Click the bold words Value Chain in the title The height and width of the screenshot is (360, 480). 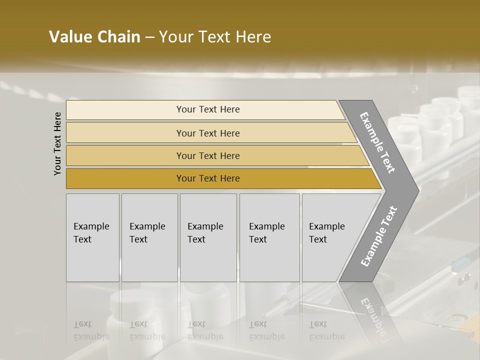click(94, 37)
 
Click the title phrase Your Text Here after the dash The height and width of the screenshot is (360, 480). click(215, 37)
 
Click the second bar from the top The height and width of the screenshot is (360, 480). click(208, 133)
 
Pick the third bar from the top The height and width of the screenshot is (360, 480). click(208, 155)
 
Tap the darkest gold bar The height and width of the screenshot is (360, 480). click(208, 178)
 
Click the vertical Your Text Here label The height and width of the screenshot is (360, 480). click(57, 144)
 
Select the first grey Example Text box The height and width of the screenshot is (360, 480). click(92, 237)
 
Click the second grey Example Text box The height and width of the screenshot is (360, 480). click(149, 237)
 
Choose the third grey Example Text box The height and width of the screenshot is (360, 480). click(208, 237)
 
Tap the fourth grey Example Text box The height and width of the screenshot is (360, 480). click(269, 237)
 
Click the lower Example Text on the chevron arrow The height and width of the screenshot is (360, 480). click(379, 236)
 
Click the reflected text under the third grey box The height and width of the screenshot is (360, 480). click(205, 330)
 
